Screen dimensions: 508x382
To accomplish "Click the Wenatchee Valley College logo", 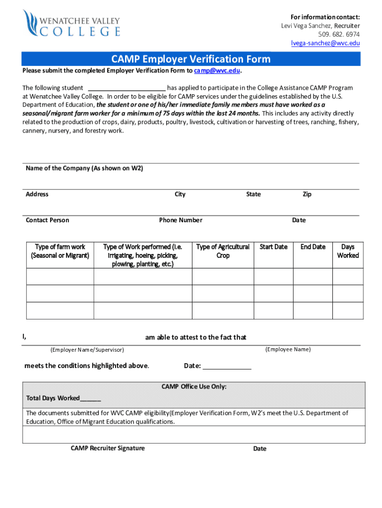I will point(71,23).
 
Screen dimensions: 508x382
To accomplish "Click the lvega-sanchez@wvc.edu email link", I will point(325,43).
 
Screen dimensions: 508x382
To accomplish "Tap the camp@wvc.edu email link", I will point(217,70).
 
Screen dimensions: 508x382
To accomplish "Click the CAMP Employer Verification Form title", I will point(191,59).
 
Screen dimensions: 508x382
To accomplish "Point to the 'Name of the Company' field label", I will point(84,168).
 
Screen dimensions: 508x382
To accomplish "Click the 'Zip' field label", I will point(307,194).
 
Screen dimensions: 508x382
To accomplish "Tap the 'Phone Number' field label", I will point(181,220).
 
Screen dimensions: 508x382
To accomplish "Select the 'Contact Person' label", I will point(48,220).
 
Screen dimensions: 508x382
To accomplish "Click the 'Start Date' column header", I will point(273,247).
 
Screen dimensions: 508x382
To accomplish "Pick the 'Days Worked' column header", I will point(348,251).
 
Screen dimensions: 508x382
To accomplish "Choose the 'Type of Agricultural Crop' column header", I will point(223,251).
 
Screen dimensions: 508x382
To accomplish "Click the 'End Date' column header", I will point(313,247).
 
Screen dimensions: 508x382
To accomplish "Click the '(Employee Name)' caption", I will point(288,349).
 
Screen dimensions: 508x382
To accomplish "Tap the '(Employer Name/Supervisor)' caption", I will point(87,350).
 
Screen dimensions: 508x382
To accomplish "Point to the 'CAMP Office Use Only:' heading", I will point(194,386).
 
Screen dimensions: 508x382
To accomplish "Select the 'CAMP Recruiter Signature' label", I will point(108,448).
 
